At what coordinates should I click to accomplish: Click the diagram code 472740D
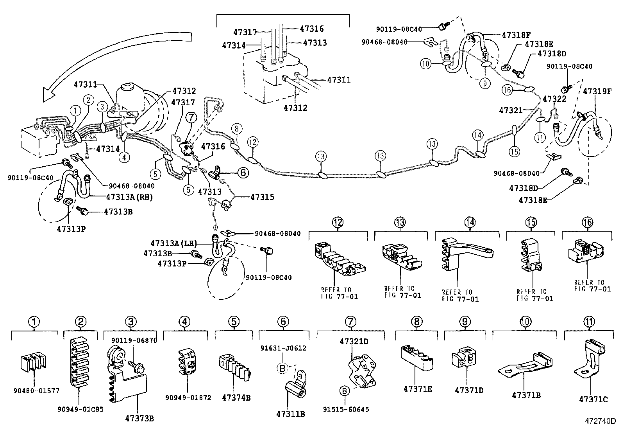600,422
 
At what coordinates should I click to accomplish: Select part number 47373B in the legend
139,419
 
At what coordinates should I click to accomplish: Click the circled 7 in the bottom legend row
350,322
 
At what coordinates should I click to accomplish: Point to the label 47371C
593,399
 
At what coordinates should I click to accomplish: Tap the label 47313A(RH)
129,197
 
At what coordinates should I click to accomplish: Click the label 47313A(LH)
172,243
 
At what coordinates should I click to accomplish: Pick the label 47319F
597,91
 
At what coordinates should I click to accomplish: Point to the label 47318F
516,34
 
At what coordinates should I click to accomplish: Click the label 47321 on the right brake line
510,111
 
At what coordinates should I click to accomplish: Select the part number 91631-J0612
283,348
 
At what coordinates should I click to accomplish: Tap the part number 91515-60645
346,409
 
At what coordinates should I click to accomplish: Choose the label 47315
262,197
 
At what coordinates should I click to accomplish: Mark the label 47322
554,99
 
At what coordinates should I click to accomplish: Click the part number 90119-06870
134,340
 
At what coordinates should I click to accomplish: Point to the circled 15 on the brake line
515,151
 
